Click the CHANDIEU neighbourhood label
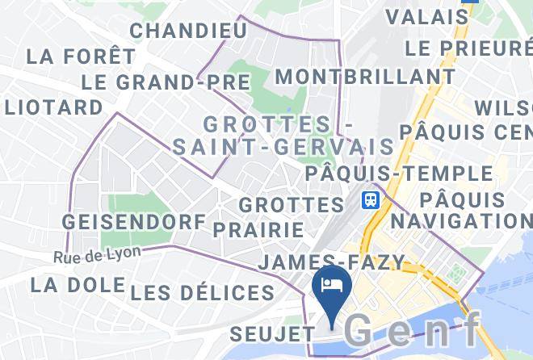[x=188, y=31]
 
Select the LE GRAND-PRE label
[x=166, y=82]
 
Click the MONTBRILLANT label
[x=365, y=77]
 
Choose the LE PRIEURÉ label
[x=468, y=48]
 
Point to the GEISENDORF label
[x=134, y=221]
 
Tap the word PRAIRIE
[x=258, y=228]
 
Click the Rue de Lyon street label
[x=98, y=256]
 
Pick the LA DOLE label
[x=78, y=285]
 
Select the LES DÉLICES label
[x=202, y=292]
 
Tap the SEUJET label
[x=271, y=333]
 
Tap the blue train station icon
[x=371, y=199]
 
